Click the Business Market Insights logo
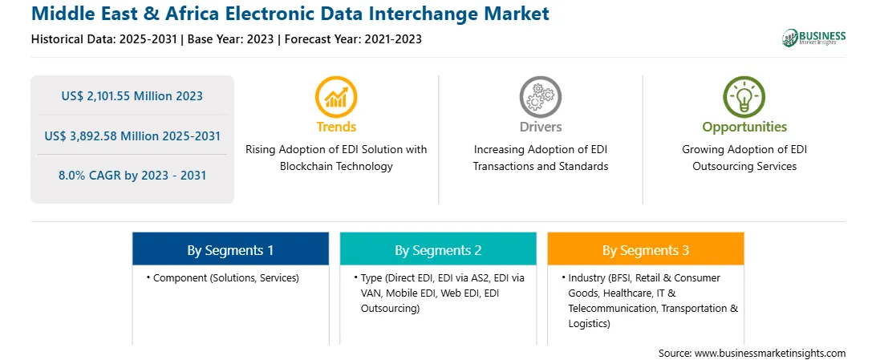click(x=813, y=38)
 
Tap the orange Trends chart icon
click(x=336, y=96)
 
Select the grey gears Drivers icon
click(x=540, y=96)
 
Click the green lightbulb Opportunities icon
click(x=744, y=96)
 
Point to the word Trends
click(x=336, y=127)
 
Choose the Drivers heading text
click(x=541, y=127)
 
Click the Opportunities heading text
click(x=744, y=127)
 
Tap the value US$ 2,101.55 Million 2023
click(x=132, y=96)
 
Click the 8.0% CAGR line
click(x=132, y=176)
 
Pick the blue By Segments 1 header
click(x=231, y=250)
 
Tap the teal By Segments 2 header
click(x=438, y=250)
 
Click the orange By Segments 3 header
click(x=646, y=250)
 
